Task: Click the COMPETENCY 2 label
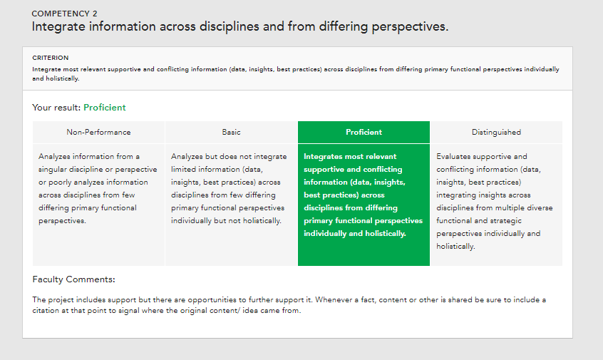[64, 14]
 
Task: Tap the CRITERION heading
[51, 58]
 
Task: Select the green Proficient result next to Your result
[105, 108]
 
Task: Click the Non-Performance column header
[98, 132]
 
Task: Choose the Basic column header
[231, 132]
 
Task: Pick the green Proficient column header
[364, 132]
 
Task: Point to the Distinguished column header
[496, 133]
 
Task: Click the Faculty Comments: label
[74, 279]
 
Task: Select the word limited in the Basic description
[183, 169]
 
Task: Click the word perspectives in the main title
[410, 27]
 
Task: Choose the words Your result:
[56, 108]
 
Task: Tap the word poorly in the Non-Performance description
[60, 182]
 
